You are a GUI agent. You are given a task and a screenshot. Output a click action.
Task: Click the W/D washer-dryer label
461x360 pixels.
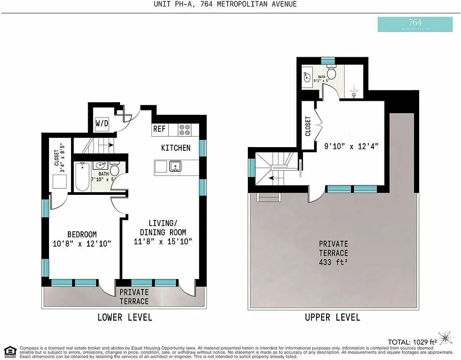(101, 123)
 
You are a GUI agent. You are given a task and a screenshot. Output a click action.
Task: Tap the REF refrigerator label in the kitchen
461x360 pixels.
(159, 129)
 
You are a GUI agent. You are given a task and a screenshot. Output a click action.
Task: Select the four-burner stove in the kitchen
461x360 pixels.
(184, 130)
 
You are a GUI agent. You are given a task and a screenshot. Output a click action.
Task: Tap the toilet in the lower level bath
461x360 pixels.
(115, 170)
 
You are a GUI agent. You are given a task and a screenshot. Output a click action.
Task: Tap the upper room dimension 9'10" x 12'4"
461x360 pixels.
(352, 146)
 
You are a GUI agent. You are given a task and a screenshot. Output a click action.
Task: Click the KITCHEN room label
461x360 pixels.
(176, 148)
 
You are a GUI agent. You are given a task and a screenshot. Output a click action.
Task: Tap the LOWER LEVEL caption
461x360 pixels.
(125, 317)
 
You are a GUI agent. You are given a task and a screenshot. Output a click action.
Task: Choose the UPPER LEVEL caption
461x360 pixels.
(332, 317)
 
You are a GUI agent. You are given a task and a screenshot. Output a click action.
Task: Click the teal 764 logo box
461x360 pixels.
(415, 24)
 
